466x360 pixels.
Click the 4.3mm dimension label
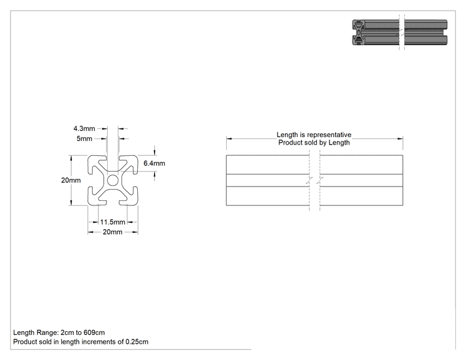[x=84, y=128]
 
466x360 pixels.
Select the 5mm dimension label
[x=85, y=139]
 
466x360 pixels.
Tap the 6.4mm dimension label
[x=154, y=163]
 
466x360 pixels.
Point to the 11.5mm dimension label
[x=113, y=222]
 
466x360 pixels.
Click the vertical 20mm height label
[x=71, y=180]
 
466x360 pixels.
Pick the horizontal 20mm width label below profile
[x=113, y=232]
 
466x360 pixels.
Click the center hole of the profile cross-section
[x=113, y=180]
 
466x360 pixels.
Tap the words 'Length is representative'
[x=314, y=135]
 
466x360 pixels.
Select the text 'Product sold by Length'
[x=314, y=143]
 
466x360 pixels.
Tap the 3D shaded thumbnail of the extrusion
[x=400, y=33]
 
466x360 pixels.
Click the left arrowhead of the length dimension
[x=229, y=139]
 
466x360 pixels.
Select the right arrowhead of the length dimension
[x=400, y=139]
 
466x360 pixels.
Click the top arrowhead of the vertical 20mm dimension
[x=71, y=158]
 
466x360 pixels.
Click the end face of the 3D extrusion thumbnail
[x=359, y=33]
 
